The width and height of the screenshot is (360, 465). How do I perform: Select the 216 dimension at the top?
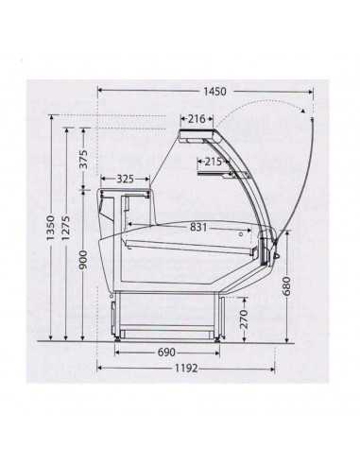(196, 118)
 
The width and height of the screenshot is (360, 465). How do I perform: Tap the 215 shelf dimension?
(213, 162)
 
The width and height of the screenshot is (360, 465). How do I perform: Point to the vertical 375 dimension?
(83, 159)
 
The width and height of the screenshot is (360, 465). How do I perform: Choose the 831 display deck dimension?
(198, 226)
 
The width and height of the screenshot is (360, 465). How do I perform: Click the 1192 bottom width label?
(184, 368)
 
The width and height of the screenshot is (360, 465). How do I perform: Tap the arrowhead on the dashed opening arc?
(304, 112)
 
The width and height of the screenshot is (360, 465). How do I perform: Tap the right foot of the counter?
(218, 334)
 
